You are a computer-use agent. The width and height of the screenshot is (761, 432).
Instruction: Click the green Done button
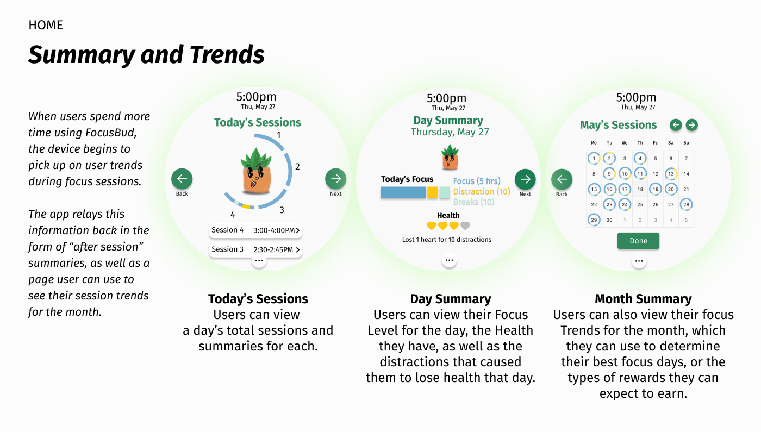[x=638, y=241]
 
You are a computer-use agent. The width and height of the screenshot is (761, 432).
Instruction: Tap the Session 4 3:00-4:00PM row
[x=255, y=230]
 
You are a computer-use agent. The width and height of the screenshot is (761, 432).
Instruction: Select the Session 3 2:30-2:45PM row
[x=255, y=249]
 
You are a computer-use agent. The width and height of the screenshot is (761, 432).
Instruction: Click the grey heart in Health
[x=465, y=226]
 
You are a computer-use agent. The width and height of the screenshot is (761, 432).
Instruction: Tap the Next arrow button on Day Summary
[x=525, y=179]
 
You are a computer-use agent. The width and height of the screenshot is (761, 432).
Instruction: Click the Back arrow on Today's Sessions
[x=182, y=179]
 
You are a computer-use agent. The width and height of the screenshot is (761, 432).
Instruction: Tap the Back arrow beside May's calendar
[x=562, y=179]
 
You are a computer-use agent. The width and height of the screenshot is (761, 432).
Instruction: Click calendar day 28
[x=687, y=205]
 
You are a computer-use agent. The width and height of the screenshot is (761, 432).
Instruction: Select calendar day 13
[x=671, y=174]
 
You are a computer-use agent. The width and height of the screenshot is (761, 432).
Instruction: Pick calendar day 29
[x=594, y=220]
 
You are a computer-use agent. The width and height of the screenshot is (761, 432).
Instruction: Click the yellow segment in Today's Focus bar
[x=432, y=192]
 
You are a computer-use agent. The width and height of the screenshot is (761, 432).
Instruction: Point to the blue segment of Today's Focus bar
[x=403, y=192]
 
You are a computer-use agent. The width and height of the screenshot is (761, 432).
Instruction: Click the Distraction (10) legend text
[x=482, y=191]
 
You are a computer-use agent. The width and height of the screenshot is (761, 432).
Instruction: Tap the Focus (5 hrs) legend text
[x=477, y=181]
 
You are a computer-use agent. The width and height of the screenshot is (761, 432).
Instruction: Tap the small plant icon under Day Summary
[x=449, y=157]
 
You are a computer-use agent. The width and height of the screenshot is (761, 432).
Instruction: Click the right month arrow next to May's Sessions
[x=691, y=125]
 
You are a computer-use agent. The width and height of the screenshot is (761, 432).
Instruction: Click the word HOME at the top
[x=46, y=26]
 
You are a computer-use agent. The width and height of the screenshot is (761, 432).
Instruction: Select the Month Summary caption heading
[x=643, y=299]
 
